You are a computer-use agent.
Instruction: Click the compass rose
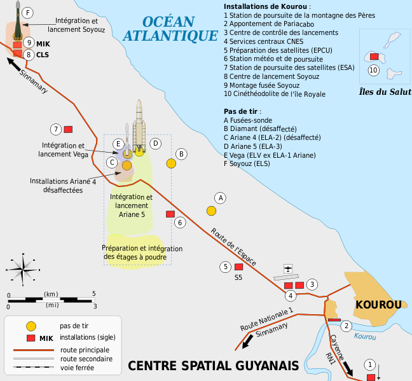(23, 270)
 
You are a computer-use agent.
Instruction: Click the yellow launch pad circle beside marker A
(211, 210)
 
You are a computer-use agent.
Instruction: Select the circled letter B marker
(181, 153)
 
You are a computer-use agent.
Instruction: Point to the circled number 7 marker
(56, 129)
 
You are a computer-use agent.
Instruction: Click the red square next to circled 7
(68, 129)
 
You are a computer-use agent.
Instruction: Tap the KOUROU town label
(378, 305)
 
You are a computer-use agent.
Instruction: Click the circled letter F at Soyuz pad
(27, 12)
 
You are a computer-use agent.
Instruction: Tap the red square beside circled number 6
(170, 214)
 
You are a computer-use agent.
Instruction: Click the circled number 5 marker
(225, 267)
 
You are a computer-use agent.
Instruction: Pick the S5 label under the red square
(238, 277)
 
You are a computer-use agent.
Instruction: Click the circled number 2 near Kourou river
(346, 326)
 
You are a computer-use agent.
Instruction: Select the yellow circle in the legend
(29, 326)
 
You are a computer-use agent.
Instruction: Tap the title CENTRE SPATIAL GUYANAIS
(213, 366)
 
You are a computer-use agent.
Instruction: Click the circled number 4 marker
(290, 295)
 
